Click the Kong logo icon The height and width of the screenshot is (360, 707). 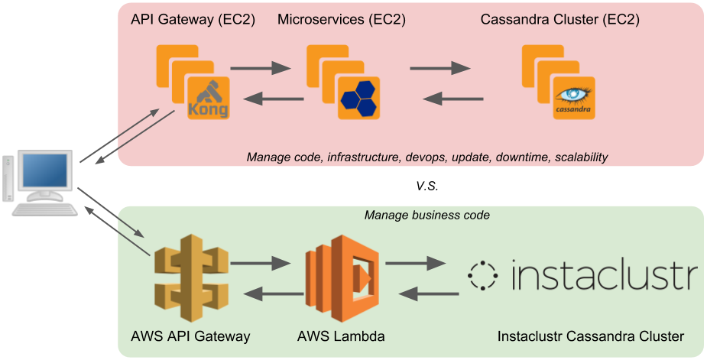[209, 97]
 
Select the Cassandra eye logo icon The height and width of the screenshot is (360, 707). [574, 97]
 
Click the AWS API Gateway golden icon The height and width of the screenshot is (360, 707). [190, 274]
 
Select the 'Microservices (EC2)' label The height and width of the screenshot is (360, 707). [341, 19]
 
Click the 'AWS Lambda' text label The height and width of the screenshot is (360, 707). [341, 336]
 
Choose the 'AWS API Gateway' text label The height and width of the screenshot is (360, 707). [190, 336]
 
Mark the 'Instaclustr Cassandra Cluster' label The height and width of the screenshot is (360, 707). [590, 336]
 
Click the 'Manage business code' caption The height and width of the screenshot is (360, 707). [426, 215]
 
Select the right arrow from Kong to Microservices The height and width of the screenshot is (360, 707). [260, 68]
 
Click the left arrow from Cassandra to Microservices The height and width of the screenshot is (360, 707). [453, 98]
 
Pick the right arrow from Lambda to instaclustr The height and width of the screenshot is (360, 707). [415, 264]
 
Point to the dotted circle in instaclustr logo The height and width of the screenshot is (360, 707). [483, 275]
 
